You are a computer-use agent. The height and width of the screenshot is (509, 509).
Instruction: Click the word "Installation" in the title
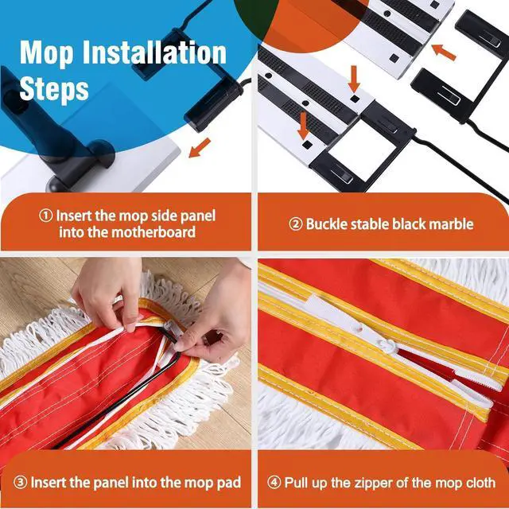click(x=154, y=53)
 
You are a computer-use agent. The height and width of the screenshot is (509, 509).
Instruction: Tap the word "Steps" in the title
click(x=54, y=88)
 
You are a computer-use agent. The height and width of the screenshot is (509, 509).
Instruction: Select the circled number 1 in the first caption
click(x=46, y=216)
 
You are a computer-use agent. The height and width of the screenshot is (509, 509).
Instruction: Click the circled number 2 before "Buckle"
click(x=296, y=224)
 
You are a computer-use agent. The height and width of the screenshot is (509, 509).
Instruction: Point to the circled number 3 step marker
click(x=20, y=483)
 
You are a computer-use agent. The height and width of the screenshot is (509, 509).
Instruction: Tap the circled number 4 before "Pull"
click(x=274, y=483)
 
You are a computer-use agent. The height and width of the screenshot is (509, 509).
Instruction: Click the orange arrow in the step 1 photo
click(x=200, y=148)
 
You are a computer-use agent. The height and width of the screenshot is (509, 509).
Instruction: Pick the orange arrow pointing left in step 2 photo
click(x=444, y=52)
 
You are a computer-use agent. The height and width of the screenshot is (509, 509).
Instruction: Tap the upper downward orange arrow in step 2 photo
click(x=354, y=79)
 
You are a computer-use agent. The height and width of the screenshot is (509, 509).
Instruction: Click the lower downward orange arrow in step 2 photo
click(x=303, y=126)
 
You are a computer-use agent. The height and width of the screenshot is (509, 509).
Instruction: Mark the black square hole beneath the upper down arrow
click(x=355, y=99)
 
